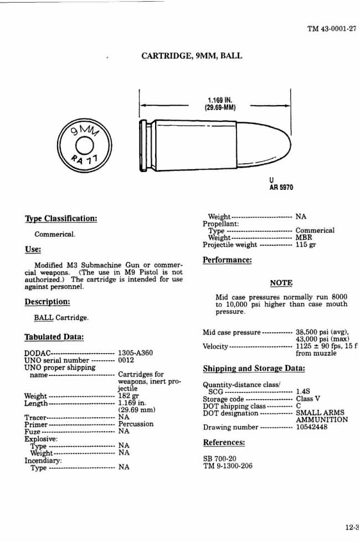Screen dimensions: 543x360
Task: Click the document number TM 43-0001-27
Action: tap(331, 29)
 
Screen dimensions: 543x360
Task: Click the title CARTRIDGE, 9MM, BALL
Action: tap(192, 56)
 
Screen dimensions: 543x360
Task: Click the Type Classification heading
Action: tap(61, 218)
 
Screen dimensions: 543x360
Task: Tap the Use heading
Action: tap(33, 249)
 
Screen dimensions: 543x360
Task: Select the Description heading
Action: tap(47, 302)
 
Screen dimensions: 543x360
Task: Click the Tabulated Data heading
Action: tap(54, 337)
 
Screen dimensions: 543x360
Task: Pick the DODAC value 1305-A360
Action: tap(136, 353)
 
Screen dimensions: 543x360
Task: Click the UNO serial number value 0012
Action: tap(127, 360)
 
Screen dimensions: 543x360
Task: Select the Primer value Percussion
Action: tap(136, 424)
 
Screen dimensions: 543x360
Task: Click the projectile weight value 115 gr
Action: tap(306, 245)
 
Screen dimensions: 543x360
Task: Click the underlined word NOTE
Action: tap(281, 283)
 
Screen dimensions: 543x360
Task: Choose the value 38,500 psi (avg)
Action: tap(321, 332)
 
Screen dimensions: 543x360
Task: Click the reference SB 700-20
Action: tap(220, 458)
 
